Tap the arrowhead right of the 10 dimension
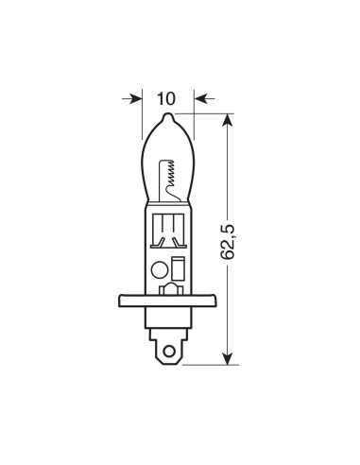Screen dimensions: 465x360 [x=200, y=96]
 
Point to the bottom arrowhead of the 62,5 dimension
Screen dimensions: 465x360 [x=229, y=356]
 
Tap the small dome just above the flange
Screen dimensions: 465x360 [x=170, y=289]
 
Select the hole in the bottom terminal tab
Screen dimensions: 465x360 [x=170, y=354]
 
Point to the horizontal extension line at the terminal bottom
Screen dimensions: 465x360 [x=208, y=364]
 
